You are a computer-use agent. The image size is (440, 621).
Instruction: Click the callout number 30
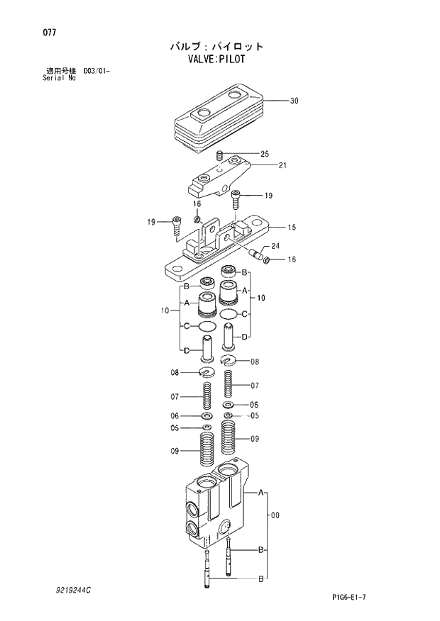294,101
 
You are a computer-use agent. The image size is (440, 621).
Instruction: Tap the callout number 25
265,154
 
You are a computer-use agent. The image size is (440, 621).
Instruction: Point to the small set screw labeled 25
220,155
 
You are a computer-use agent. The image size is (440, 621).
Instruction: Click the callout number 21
282,165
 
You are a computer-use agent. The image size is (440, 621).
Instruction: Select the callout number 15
292,228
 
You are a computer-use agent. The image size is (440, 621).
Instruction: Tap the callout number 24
275,246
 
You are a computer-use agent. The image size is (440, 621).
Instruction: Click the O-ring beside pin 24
267,260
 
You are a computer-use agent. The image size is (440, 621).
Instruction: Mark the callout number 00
275,516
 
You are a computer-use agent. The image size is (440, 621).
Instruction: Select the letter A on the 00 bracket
261,492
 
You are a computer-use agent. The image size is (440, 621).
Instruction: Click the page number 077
49,33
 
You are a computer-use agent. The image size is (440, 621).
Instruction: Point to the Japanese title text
216,47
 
